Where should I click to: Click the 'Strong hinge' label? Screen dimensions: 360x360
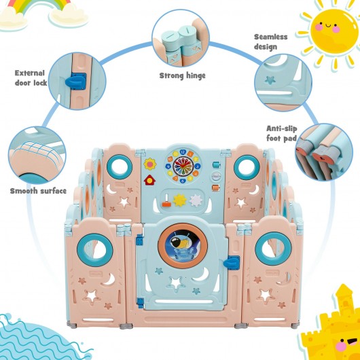pos(182,76)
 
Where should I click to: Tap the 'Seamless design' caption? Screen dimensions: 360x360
pos(271,42)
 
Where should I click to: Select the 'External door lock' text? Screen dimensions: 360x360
pos(31,78)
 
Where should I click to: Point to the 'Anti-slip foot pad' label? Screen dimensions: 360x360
pos(282,133)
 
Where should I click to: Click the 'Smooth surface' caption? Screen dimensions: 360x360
pos(38,191)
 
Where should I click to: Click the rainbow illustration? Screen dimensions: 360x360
pos(39,5)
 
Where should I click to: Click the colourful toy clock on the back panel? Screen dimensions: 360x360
pos(183,166)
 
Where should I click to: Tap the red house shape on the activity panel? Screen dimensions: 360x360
pos(149,180)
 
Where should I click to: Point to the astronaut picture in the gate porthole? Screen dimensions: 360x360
pos(183,246)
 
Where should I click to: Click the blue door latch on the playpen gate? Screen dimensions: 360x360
pos(232,263)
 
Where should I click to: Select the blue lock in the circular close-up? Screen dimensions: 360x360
pos(76,82)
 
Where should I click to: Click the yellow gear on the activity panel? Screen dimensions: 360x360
pos(179,200)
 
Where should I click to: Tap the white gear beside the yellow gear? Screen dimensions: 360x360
pos(196,200)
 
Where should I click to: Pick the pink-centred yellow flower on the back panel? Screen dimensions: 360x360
pos(150,164)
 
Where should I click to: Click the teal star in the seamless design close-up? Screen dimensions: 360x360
pos(270,80)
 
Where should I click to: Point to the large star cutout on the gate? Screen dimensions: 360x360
pos(176,283)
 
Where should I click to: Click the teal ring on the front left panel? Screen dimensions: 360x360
pos(95,250)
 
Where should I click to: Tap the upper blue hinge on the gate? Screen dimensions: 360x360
pos(139,240)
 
